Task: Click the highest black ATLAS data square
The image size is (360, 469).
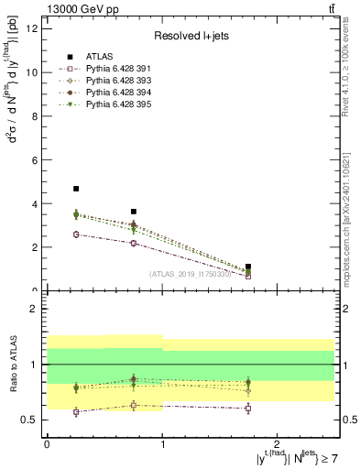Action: [x=75, y=189]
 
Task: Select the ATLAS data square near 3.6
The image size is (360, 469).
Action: [x=133, y=212]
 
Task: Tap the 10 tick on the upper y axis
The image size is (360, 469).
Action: [x=37, y=71]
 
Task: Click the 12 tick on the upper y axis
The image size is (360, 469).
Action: [x=37, y=27]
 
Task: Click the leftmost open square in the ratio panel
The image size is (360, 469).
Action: [x=75, y=412]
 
